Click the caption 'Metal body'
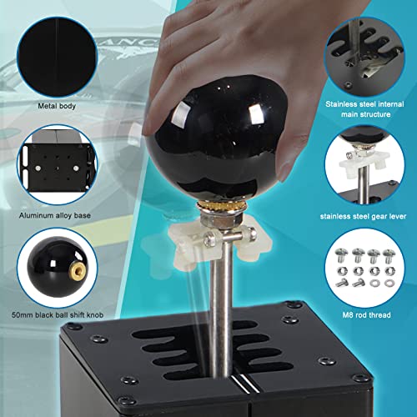click(x=57, y=106)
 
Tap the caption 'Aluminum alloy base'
click(x=55, y=215)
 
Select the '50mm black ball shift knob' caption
click(x=58, y=315)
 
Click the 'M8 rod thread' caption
click(x=366, y=315)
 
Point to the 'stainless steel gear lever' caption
click(x=363, y=216)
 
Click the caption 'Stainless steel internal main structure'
click(x=365, y=109)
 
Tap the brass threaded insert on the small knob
click(x=78, y=269)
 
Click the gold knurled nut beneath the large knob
click(x=222, y=208)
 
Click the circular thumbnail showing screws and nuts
click(x=364, y=268)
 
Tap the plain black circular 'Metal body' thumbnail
click(x=57, y=57)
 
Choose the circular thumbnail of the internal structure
click(x=364, y=57)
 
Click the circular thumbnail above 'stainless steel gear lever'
click(x=364, y=164)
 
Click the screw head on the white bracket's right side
click(x=252, y=233)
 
